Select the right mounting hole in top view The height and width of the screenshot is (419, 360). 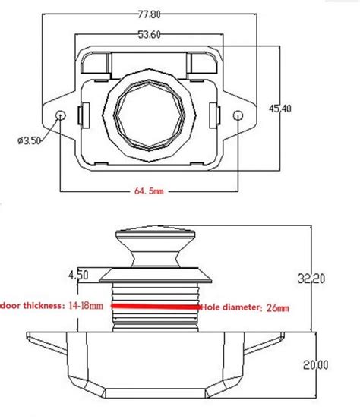click(238, 115)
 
